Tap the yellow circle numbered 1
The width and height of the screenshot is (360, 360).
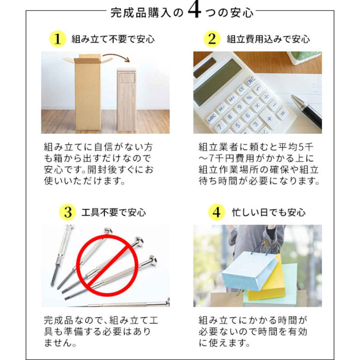coord(57,39)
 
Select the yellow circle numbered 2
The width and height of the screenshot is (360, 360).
coord(212,39)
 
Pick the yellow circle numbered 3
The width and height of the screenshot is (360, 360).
coord(67,212)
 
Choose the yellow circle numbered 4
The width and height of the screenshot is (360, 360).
coord(216,212)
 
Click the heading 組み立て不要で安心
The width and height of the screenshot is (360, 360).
coord(113,39)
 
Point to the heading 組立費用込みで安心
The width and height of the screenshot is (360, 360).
coord(268,39)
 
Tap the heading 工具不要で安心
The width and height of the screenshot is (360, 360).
coord(113,212)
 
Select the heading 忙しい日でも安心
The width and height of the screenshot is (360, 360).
coord(268,212)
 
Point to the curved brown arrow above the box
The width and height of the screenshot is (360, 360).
coord(116,57)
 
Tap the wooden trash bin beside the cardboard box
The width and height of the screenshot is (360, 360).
coord(126,99)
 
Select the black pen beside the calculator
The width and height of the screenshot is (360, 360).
coord(306,111)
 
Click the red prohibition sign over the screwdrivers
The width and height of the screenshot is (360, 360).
coord(107,264)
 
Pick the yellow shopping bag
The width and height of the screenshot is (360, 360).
coord(266,279)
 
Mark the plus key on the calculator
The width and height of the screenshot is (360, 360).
coord(269,118)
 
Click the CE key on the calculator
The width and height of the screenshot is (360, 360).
coord(241,88)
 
